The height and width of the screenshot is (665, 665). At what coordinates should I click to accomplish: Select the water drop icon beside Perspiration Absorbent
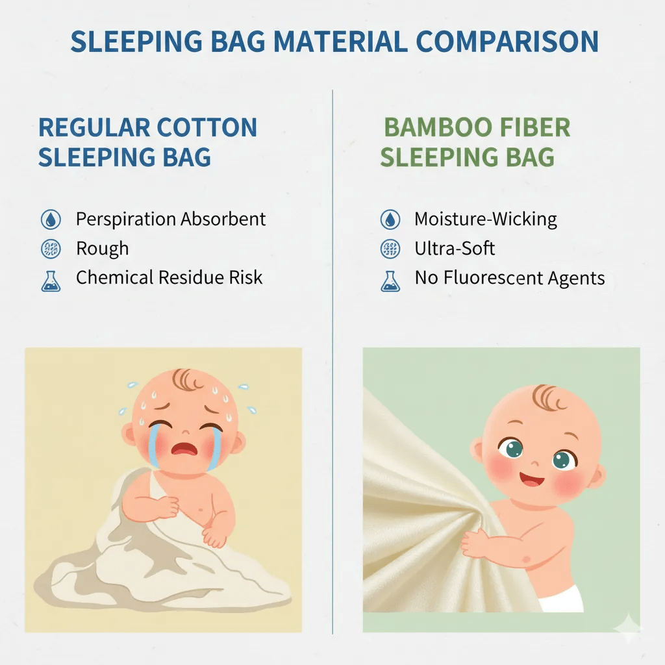[x=50, y=220]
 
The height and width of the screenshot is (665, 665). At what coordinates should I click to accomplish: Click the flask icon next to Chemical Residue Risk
[x=50, y=280]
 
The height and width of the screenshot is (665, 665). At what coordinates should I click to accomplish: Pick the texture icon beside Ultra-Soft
[x=390, y=249]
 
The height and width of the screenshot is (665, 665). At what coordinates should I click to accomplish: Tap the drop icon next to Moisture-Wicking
[x=390, y=220]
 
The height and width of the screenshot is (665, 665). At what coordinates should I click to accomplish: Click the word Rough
[x=102, y=249]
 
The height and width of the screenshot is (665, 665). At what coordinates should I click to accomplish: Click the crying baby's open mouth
[x=184, y=447]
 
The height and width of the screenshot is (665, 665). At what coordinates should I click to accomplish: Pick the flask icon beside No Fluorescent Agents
[x=390, y=280]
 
